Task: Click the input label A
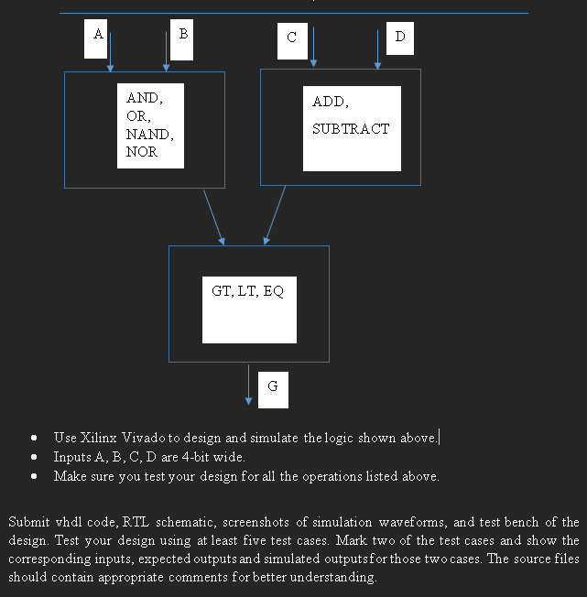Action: pyautogui.click(x=97, y=35)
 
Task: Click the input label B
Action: pyautogui.click(x=182, y=35)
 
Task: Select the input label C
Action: pyautogui.click(x=291, y=38)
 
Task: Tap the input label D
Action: pyautogui.click(x=399, y=38)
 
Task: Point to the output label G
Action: pyautogui.click(x=273, y=387)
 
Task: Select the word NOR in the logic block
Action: pyautogui.click(x=142, y=152)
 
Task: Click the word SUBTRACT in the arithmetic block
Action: pyautogui.click(x=350, y=129)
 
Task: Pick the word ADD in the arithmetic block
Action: pyautogui.click(x=329, y=102)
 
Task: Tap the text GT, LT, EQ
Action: pyautogui.click(x=248, y=291)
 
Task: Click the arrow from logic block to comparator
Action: pyautogui.click(x=213, y=217)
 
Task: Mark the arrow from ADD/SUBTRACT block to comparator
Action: pyautogui.click(x=275, y=215)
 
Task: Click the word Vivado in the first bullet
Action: pyautogui.click(x=139, y=438)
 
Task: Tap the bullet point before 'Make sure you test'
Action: pyautogui.click(x=34, y=476)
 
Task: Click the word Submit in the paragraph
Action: pyautogui.click(x=29, y=522)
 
